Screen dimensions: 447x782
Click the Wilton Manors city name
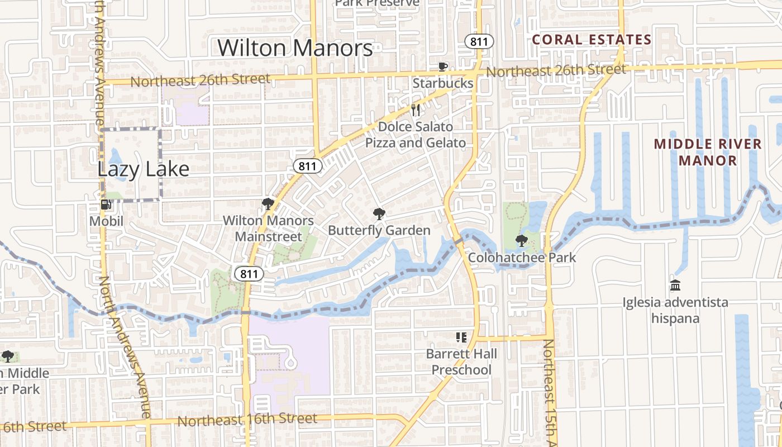tap(295, 48)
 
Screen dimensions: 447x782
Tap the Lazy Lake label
tap(144, 169)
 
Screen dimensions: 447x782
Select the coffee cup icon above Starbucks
tap(443, 67)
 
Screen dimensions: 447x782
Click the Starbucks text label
tap(443, 83)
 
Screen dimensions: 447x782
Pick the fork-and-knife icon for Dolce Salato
tap(415, 110)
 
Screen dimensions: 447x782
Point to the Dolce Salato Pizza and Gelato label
tap(416, 135)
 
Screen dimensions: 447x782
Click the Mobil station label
tap(106, 222)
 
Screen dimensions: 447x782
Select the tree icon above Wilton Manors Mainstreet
tap(268, 203)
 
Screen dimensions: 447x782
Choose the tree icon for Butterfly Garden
tap(379, 213)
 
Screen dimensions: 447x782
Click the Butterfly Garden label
tap(379, 230)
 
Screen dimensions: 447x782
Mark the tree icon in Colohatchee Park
tap(522, 241)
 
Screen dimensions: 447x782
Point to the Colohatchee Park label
tap(522, 258)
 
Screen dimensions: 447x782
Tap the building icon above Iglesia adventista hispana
tap(675, 286)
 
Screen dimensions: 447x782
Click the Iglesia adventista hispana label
tap(675, 311)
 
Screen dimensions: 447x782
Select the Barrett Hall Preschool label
tap(461, 362)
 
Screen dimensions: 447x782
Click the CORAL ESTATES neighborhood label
tap(592, 40)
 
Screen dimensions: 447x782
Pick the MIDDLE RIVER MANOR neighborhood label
tap(708, 152)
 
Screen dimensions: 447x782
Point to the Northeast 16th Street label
tap(247, 419)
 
